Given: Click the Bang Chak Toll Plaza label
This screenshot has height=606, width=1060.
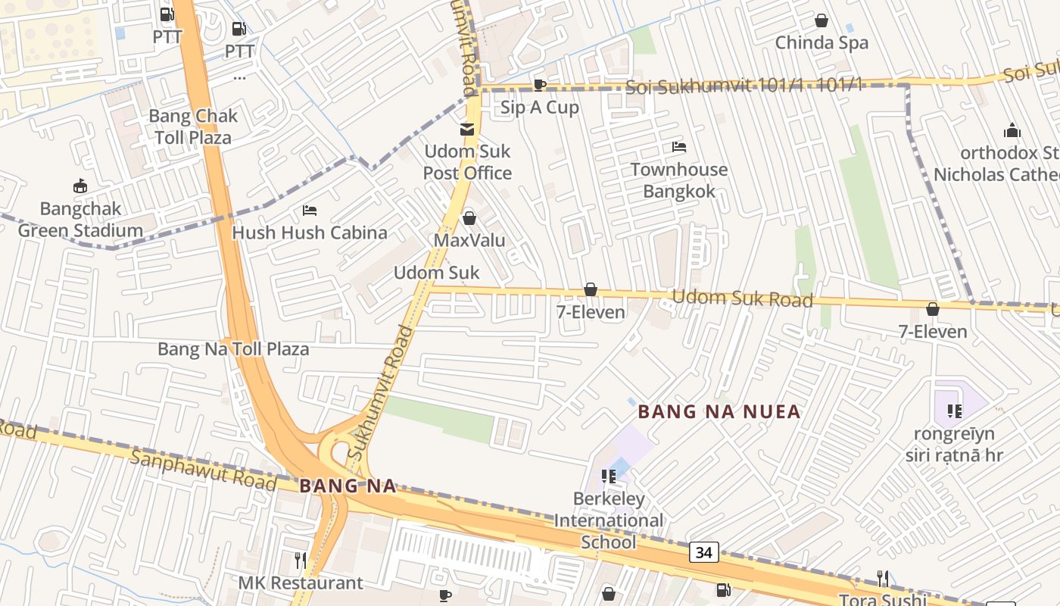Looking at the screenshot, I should pos(193,127).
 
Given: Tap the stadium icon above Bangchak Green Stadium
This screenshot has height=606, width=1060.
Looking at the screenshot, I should pos(79,186).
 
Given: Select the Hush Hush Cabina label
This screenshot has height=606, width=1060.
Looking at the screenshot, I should pos(310,233).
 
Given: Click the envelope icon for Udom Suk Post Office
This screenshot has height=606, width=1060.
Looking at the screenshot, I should pos(467,130).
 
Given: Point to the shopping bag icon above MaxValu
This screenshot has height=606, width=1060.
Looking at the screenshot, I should pos(469,218).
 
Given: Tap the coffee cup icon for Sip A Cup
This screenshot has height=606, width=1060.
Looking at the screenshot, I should pos(540,85).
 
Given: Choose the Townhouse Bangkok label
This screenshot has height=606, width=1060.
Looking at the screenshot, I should pos(679,180).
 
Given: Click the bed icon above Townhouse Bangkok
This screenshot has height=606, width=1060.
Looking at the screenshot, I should pos(679,147).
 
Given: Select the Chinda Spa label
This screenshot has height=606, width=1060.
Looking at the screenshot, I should pos(821,43).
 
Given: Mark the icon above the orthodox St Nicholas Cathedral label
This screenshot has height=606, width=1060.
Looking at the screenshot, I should pos(1012,131).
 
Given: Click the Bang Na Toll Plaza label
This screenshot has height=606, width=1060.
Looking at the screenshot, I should pos(233,349).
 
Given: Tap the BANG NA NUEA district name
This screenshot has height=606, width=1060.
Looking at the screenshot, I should pos(719,412).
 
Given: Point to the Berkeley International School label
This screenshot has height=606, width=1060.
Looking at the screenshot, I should pos(609,520).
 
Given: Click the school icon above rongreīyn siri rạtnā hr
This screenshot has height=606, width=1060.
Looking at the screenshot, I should pos(954,411).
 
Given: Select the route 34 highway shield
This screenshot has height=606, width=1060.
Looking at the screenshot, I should pos(704,553).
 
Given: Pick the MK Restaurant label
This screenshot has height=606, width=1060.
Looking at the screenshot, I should pos(301,583).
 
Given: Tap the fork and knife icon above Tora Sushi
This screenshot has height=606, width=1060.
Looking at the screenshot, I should pos(883,579).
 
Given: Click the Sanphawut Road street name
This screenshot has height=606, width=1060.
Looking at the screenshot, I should pos(203,470).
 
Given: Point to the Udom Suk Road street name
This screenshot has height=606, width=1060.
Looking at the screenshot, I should pos(742,299).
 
